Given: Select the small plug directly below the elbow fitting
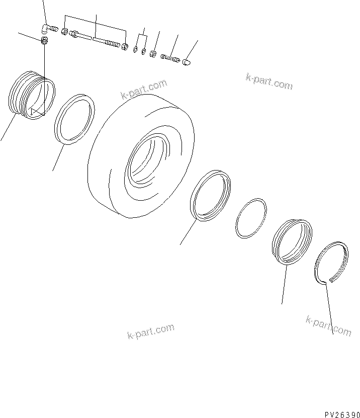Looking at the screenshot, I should coord(44,40).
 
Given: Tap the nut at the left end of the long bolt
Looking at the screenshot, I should coord(65,32).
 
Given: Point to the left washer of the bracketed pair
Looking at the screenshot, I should coord(136,49).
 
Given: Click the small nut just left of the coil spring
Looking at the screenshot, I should coord(154,53).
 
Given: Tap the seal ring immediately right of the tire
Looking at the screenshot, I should coord(211,196).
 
